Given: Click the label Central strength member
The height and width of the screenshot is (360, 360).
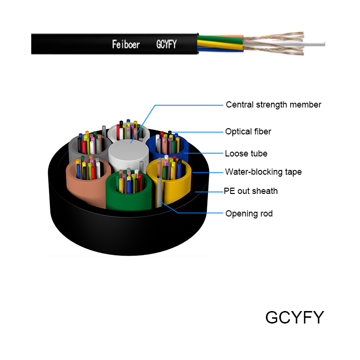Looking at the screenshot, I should [x=273, y=105].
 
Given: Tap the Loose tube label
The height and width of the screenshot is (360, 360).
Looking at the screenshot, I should [x=246, y=154].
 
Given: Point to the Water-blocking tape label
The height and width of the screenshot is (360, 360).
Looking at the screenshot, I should [x=264, y=172].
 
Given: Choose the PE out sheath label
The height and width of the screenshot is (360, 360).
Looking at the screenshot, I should [x=251, y=191].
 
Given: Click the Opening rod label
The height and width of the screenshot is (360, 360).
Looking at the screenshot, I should [x=249, y=213].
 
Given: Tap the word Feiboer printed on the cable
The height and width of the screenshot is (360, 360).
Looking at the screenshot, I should [x=126, y=45].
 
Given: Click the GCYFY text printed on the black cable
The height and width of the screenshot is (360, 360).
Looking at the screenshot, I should [x=167, y=45].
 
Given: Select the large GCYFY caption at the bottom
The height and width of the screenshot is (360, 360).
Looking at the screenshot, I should [x=294, y=317].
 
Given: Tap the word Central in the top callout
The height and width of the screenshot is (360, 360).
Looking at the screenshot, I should [x=239, y=105].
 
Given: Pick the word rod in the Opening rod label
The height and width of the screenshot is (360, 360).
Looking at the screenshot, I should [x=265, y=213].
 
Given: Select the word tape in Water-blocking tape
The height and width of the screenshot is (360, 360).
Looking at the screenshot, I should [x=292, y=172].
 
